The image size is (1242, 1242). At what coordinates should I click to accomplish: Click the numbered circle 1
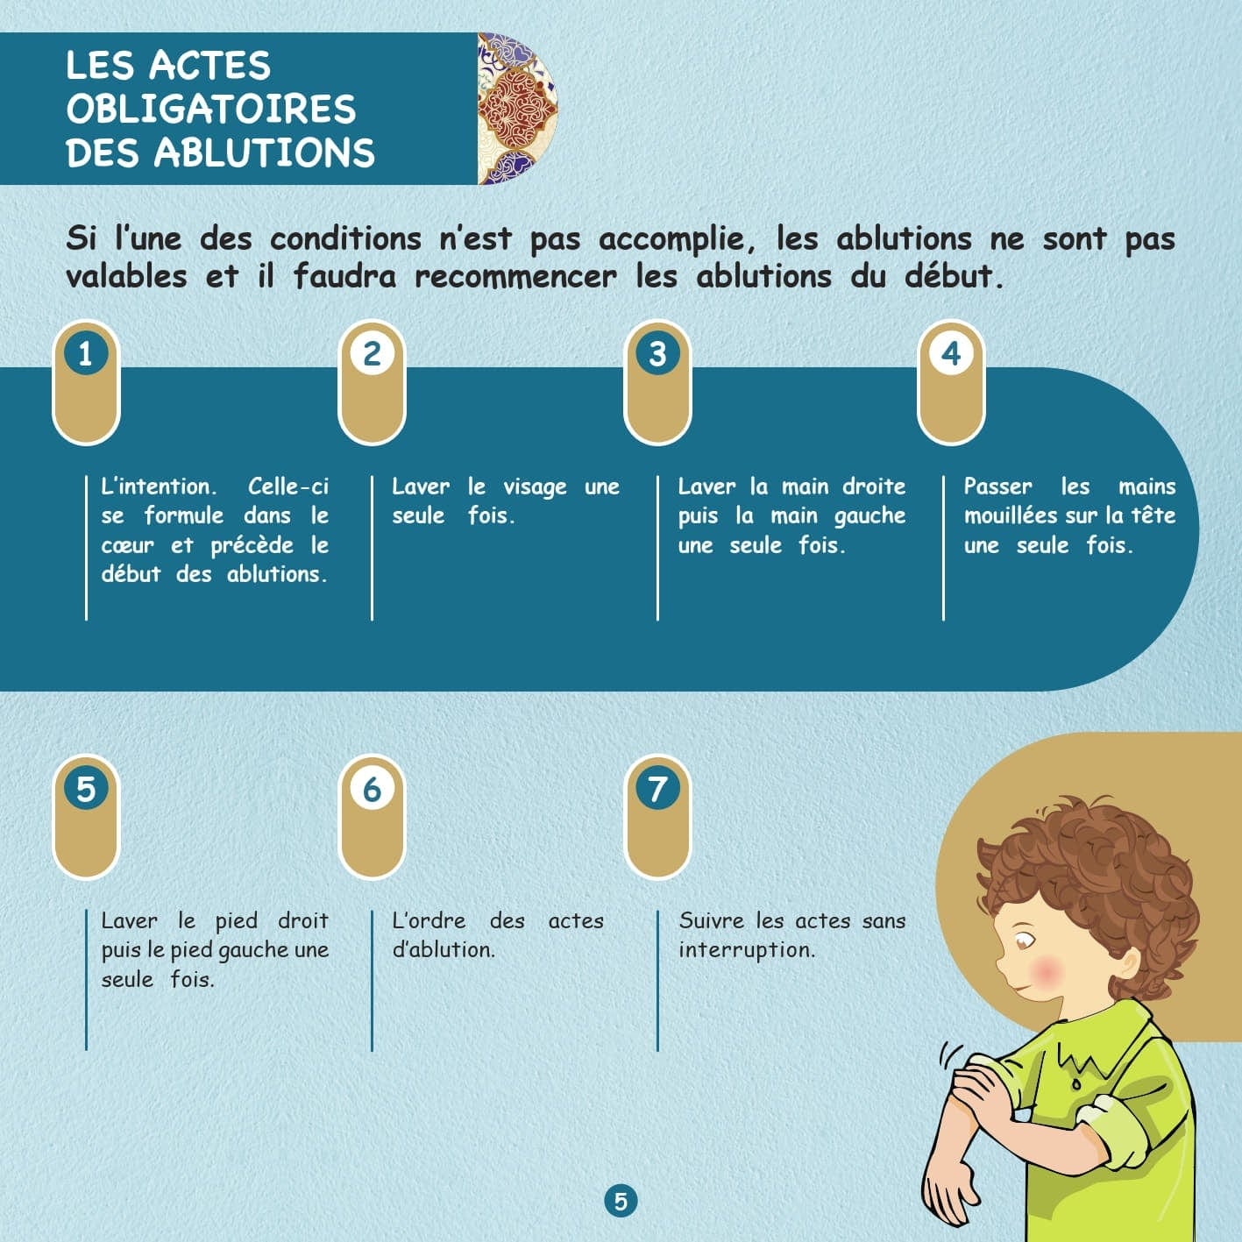coord(85,354)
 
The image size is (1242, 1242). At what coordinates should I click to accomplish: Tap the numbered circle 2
coord(372,354)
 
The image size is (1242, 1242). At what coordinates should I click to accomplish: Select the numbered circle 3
coord(657,354)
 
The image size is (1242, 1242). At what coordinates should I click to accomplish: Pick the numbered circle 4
coord(951,354)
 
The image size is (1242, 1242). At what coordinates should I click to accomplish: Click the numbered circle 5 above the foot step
coord(85,789)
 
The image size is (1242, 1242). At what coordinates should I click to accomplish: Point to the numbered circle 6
coord(372,789)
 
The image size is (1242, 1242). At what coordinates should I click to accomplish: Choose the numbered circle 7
coord(657,789)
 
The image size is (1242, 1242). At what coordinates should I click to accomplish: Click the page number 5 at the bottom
coord(621,1201)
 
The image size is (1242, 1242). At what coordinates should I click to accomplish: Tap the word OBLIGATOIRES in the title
coord(211,110)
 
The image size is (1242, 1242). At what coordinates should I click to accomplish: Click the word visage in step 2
coord(535,487)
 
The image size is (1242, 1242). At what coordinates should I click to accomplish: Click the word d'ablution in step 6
coord(444,949)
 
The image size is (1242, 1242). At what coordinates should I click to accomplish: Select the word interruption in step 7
coord(746,949)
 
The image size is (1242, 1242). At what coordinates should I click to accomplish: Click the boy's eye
coord(1023,941)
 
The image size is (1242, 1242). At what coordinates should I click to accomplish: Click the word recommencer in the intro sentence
coord(515,277)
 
